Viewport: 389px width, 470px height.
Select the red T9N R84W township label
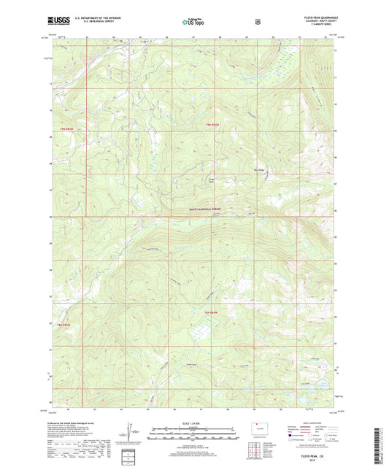click(x=212, y=126)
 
